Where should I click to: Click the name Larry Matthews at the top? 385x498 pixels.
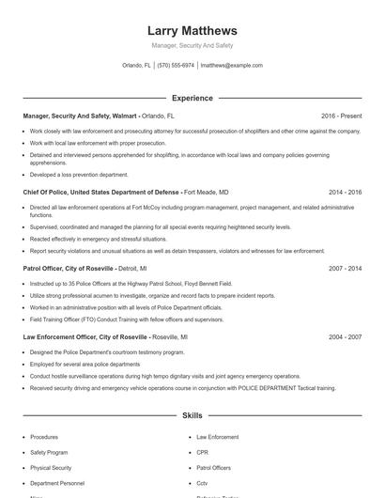pos(192,30)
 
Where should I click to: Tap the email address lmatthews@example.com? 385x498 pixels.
pos(231,66)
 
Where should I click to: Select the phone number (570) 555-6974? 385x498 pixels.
pos(176,66)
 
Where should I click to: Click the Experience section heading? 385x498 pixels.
pos(192,98)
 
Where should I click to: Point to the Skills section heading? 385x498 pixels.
pos(192,414)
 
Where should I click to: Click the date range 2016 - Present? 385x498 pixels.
pos(341,116)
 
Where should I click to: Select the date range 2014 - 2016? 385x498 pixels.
pos(346,191)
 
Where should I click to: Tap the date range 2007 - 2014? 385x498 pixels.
pos(346,268)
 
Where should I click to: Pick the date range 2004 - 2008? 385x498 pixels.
pos(346,335)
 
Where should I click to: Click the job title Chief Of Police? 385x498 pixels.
pos(46,191)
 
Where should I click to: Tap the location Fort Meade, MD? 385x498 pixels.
pos(208,191)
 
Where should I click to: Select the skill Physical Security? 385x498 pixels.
pos(51,467)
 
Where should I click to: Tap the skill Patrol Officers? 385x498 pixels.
pos(214,467)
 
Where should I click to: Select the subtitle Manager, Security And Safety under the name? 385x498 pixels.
pos(192,45)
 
